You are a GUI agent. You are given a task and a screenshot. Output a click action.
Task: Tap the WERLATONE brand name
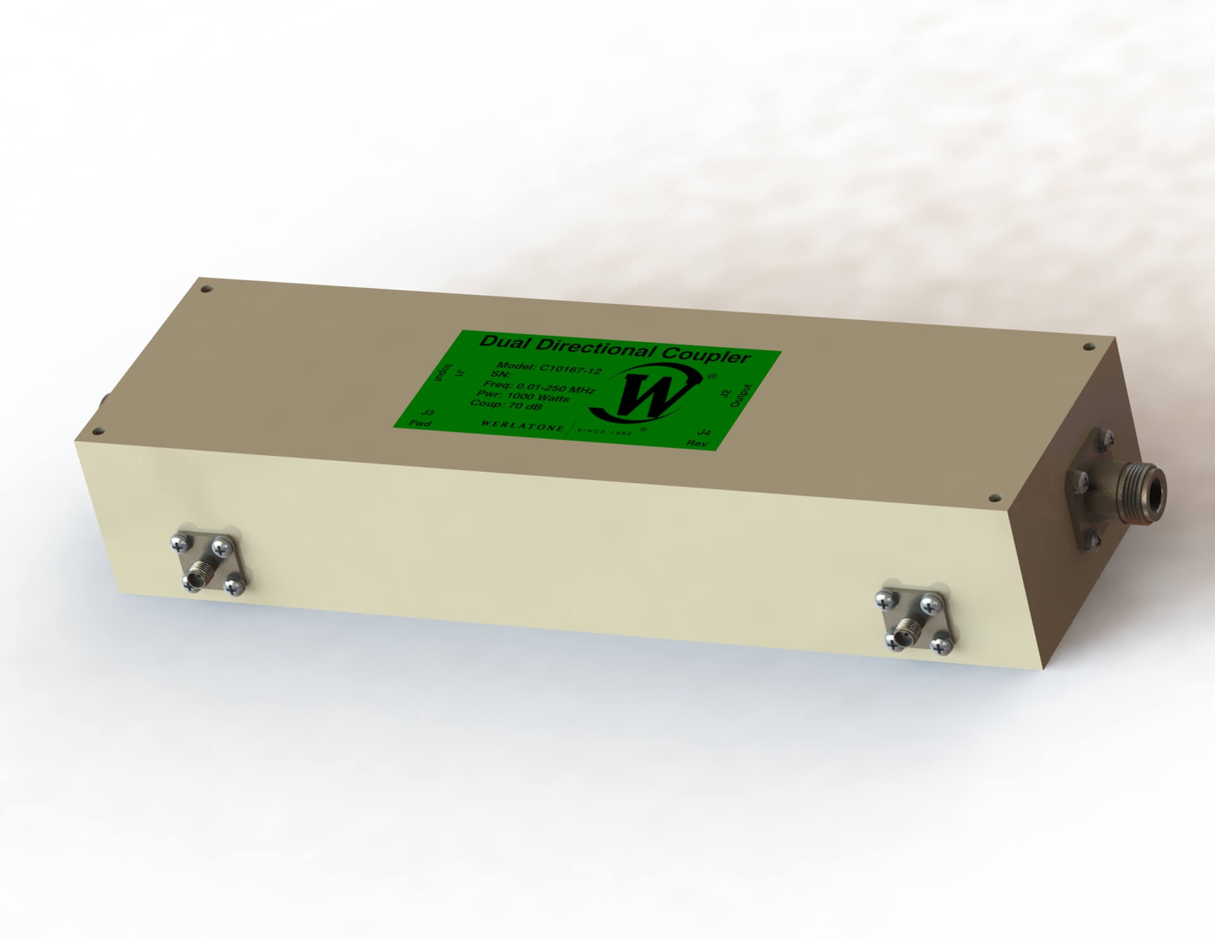click(x=522, y=427)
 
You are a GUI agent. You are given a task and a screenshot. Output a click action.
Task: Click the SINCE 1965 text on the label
click(x=607, y=432)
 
